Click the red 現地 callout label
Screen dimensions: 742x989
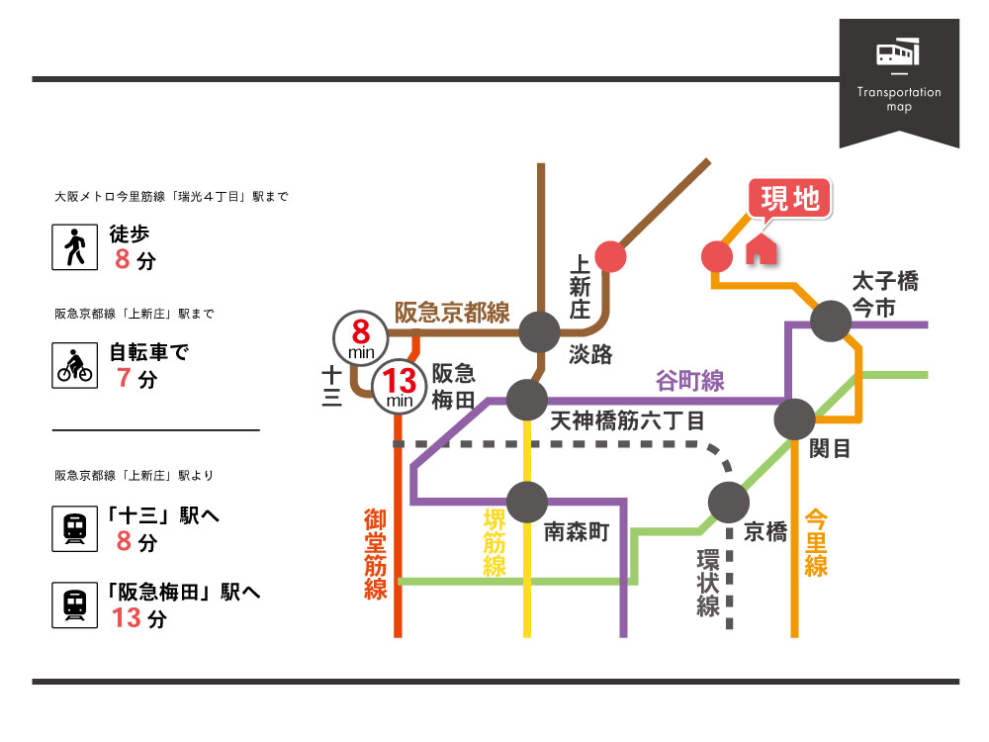(790, 199)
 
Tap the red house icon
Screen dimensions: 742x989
(761, 248)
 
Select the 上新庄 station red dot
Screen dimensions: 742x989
(610, 256)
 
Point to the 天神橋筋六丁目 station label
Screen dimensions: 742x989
(627, 421)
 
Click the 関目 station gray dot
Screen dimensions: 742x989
(794, 419)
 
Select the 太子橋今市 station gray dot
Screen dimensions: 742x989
(831, 320)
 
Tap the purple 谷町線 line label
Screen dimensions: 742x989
(690, 380)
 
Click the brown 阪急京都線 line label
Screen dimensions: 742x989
(452, 313)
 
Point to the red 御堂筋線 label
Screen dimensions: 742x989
(375, 554)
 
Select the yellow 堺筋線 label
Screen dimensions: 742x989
(494, 543)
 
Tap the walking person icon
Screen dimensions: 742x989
(74, 247)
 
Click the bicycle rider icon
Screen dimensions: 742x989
(74, 365)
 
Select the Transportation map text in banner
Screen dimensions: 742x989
(899, 99)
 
